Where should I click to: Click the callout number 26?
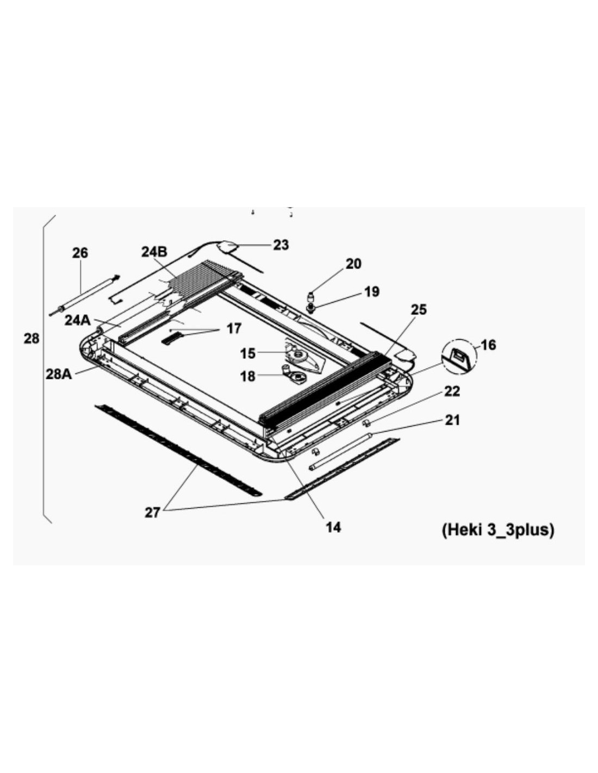coord(80,253)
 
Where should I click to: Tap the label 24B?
coord(154,252)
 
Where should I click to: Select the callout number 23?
coord(281,245)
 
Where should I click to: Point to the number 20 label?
coord(353,264)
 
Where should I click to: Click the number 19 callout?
coord(372,291)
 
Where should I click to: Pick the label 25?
coord(419,309)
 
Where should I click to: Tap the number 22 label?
coord(452,391)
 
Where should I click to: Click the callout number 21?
coord(452,420)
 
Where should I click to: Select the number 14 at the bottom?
coord(333,527)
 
